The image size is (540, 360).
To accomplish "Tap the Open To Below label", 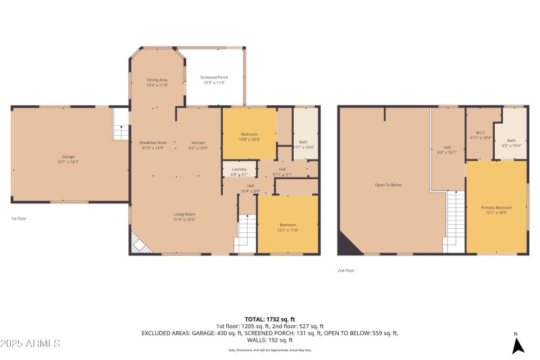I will click(x=388, y=184).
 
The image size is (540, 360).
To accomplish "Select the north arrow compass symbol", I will click(x=517, y=344).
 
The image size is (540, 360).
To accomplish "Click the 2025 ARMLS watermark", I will click(x=31, y=343).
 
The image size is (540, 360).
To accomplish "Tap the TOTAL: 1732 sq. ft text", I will click(x=270, y=319).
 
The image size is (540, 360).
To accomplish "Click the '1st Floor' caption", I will click(x=19, y=219).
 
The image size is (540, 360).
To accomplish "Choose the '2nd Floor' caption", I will click(x=346, y=270).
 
